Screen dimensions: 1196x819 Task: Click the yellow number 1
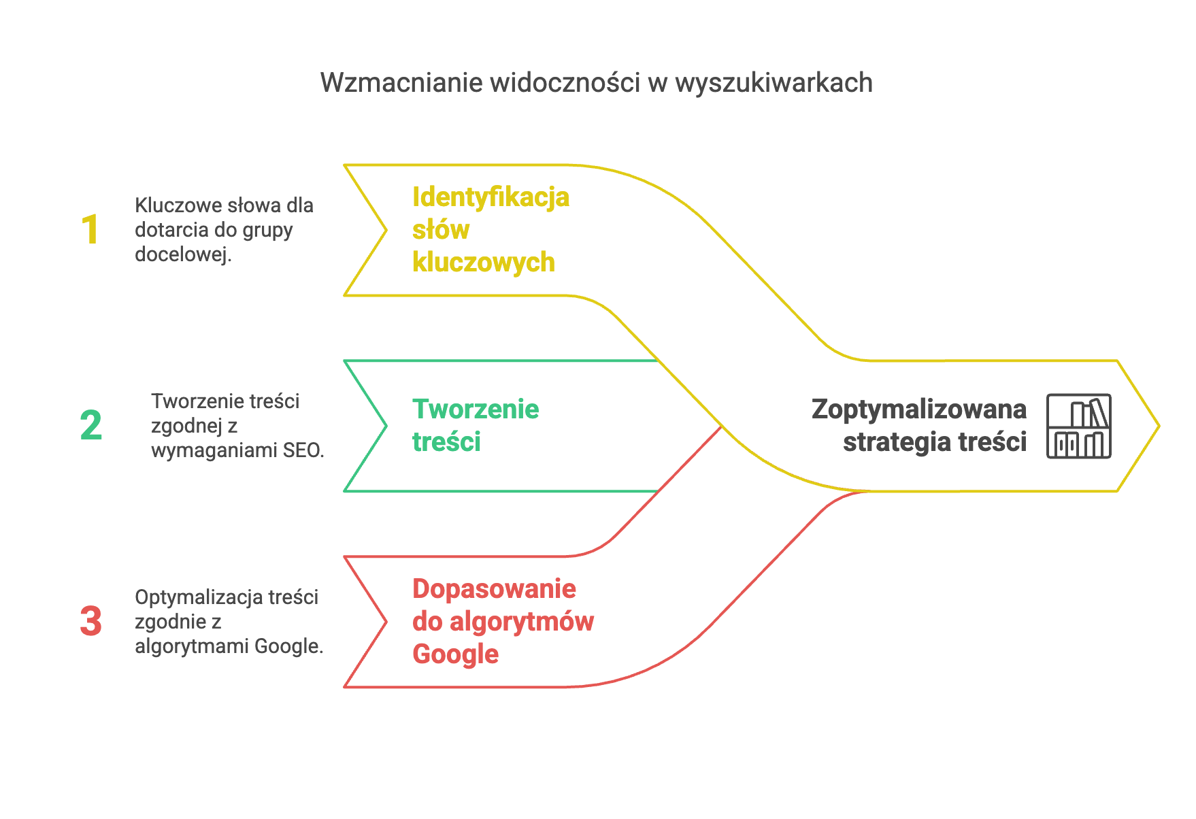(90, 230)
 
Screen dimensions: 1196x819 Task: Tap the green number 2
(91, 426)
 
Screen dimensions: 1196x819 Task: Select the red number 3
(91, 622)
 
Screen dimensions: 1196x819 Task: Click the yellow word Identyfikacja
(491, 198)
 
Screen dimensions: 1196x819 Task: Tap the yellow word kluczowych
(484, 263)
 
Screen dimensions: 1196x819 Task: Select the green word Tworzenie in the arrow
(476, 409)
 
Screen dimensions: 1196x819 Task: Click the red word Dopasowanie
(494, 589)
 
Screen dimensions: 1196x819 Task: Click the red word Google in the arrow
(455, 654)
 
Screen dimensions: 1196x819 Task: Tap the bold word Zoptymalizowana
(919, 410)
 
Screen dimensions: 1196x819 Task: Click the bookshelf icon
(1078, 426)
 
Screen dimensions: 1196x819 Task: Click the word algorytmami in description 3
(192, 646)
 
